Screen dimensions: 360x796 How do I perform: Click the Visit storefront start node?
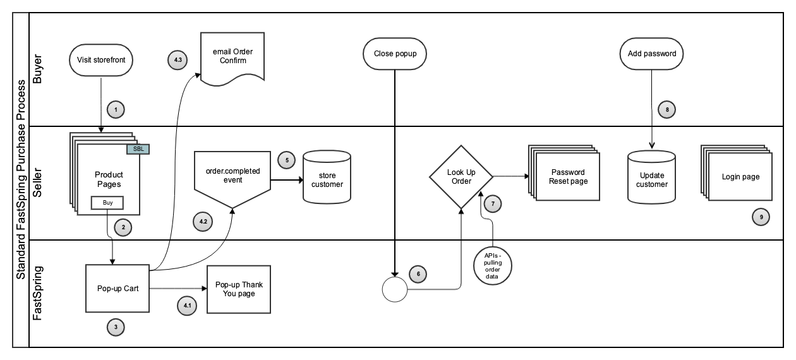coord(101,60)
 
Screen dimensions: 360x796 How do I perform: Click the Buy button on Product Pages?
coord(107,203)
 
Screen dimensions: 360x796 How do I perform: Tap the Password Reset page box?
coord(567,177)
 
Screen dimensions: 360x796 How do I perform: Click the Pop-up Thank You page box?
coord(239,289)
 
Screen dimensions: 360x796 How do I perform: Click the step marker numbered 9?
coord(761,217)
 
